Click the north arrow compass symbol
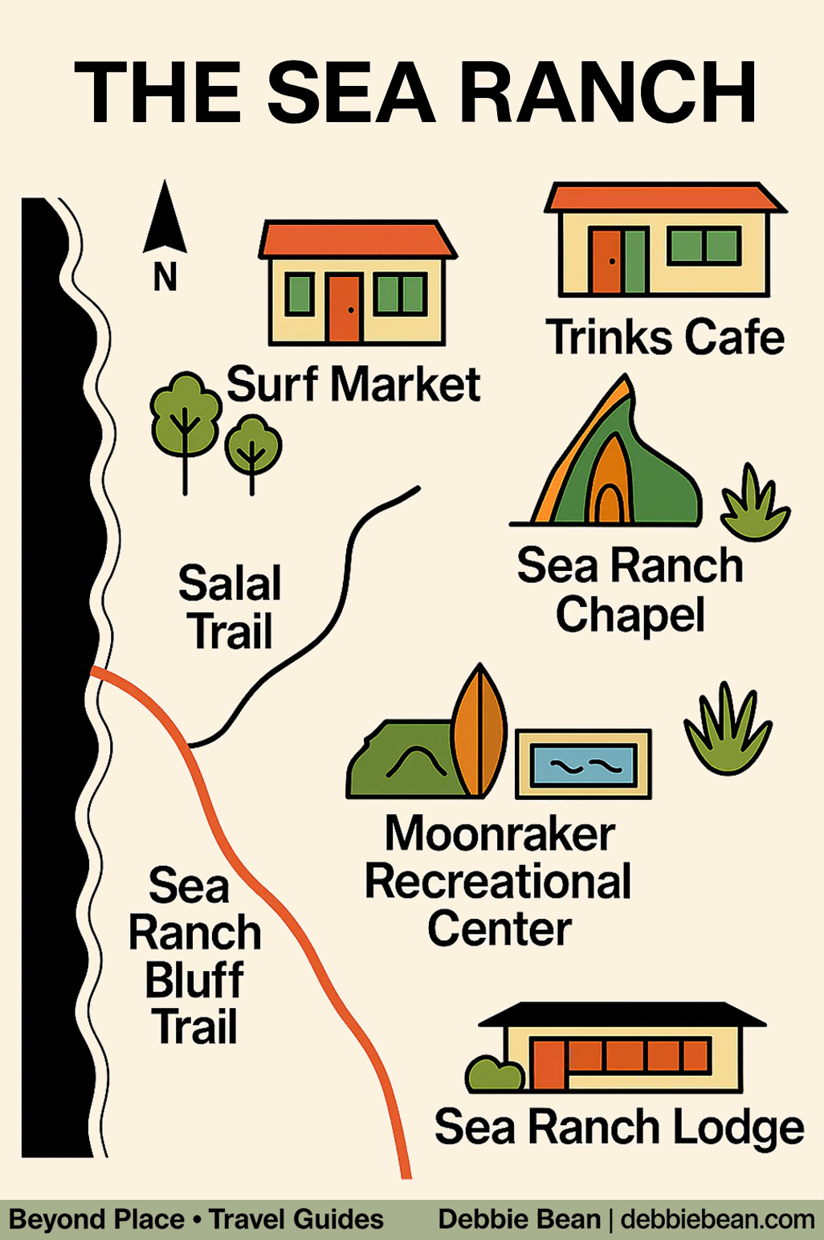point(165,221)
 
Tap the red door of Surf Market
point(345,308)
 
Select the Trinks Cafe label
point(665,337)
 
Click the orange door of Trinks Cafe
point(606,260)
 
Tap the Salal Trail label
point(230,607)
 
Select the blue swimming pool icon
point(583,765)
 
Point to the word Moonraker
point(500,834)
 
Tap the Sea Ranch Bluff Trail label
point(194,956)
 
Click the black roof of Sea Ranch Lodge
point(622,1014)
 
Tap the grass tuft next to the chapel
point(754,504)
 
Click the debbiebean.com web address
point(717,1219)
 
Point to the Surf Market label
point(353,384)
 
